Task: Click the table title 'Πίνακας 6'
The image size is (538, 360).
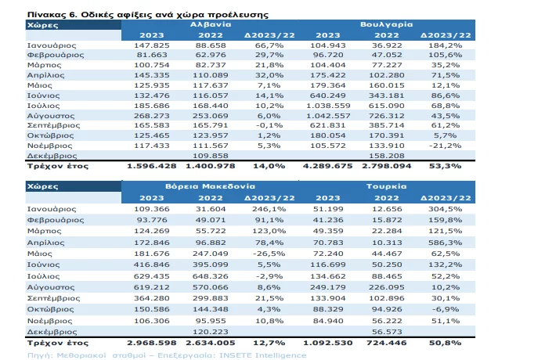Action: tap(52, 15)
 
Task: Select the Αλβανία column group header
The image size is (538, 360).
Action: tap(211, 24)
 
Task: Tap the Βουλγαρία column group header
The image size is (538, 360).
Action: tap(386, 24)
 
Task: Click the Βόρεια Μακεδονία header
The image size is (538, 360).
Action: tap(210, 186)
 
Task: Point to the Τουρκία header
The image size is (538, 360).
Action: tap(386, 186)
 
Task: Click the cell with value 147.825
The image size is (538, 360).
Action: tap(152, 45)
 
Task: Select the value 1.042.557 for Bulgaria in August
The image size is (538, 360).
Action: tap(328, 116)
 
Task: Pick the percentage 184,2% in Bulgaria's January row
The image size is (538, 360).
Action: tap(446, 45)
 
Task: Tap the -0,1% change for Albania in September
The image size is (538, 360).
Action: tap(269, 125)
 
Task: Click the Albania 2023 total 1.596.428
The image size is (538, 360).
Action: tap(152, 166)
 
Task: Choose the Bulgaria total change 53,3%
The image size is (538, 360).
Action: tap(446, 166)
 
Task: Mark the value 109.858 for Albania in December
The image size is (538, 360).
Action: tap(211, 156)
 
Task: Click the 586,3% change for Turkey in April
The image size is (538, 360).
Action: tap(446, 243)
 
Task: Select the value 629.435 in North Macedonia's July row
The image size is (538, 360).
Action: tap(152, 276)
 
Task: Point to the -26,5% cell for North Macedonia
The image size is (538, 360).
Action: tap(269, 254)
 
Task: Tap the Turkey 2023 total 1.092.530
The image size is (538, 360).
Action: tap(328, 343)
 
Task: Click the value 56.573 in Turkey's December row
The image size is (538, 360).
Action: tap(387, 332)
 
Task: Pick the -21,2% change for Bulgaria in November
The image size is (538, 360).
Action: tap(446, 146)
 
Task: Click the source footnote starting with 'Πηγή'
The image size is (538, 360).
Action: tap(167, 355)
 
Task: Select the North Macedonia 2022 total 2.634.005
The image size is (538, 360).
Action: tap(211, 343)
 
